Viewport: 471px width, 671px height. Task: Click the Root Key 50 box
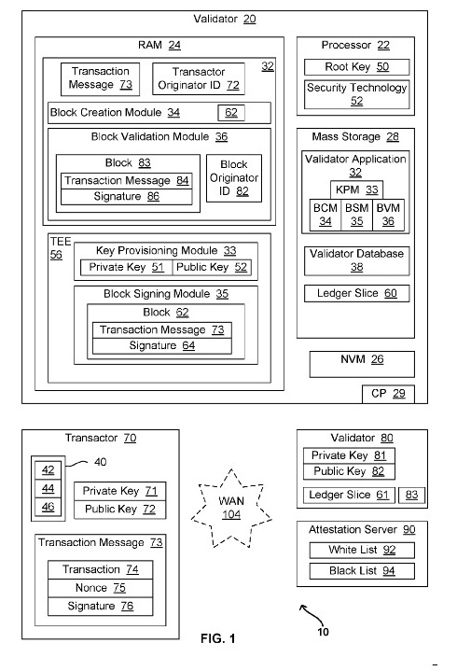[x=356, y=67]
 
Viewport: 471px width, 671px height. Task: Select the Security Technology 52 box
[x=356, y=94]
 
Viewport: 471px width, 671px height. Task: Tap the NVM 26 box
[x=362, y=364]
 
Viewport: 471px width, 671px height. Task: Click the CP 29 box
[x=388, y=394]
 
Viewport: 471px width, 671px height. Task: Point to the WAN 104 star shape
[x=231, y=508]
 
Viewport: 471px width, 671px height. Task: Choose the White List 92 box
[x=362, y=551]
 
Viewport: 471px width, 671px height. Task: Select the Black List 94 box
[x=362, y=571]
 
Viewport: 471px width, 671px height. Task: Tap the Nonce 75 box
[x=100, y=588]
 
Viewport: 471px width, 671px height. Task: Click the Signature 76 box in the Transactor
[x=100, y=607]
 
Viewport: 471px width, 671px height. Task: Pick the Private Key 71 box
[x=119, y=491]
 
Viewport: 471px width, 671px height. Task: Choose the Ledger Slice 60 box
[x=356, y=294]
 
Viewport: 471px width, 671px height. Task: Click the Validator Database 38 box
[x=356, y=260]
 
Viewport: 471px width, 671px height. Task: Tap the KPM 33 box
[x=356, y=189]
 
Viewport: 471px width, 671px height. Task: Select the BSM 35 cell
[x=356, y=215]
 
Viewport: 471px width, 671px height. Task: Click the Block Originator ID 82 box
[x=234, y=178]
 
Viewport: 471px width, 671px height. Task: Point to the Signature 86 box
[x=127, y=196]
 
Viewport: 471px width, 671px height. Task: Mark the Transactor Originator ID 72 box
[x=199, y=78]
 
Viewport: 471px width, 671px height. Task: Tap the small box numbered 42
[x=48, y=470]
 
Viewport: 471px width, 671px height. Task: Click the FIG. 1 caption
[x=217, y=639]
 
